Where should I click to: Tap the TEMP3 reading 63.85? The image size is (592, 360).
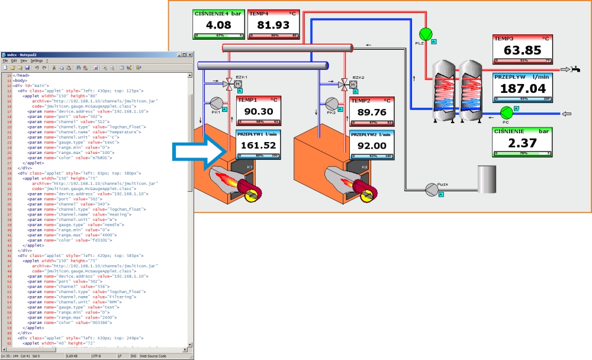pos(523,50)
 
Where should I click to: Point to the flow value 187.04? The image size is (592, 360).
pos(523,88)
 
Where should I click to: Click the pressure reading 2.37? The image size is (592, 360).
pos(523,143)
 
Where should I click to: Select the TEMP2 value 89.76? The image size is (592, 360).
pos(372,112)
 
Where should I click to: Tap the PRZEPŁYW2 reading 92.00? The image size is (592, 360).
pos(372,146)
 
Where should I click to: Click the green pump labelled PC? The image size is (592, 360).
pos(506,112)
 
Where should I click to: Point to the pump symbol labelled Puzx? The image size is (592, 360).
pos(432,189)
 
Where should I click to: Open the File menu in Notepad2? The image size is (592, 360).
pos(5,60)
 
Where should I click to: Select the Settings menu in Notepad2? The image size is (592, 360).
pos(36,60)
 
